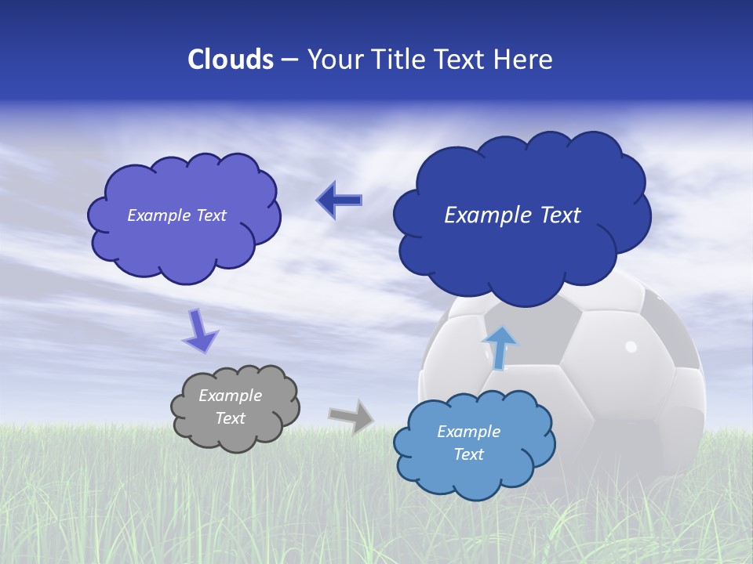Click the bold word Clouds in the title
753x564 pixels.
pos(231,60)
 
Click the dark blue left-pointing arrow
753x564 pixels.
pos(339,201)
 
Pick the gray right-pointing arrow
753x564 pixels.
pos(351,416)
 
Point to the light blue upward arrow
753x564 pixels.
pos(500,347)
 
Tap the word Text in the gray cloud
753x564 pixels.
pos(231,418)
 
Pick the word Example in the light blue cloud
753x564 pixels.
pos(468,432)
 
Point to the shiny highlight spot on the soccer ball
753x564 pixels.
pos(631,345)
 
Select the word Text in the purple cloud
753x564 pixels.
pos(211,215)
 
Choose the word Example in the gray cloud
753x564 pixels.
pos(231,396)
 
